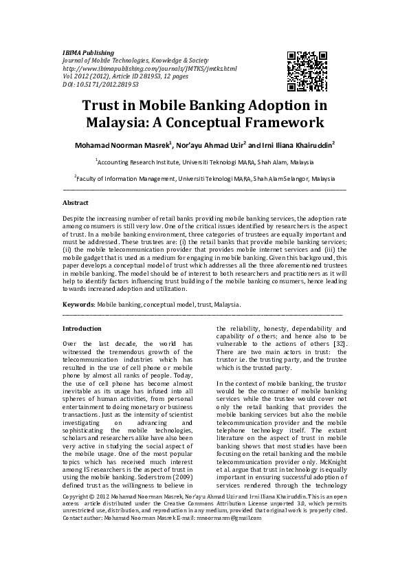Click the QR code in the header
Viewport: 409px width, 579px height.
click(x=306, y=72)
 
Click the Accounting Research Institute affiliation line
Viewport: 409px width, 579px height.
click(x=204, y=162)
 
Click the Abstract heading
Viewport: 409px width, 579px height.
click(x=76, y=203)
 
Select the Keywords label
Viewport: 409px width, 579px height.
click(x=78, y=303)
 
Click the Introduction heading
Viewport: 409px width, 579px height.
click(x=82, y=329)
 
